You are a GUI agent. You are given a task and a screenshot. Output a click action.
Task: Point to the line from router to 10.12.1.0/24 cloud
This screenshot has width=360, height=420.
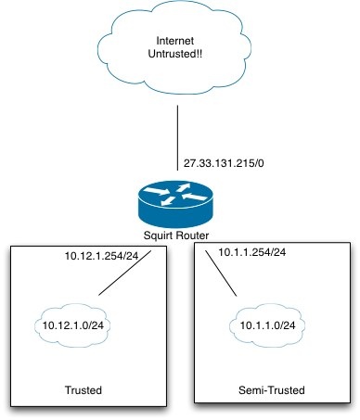[x=125, y=277]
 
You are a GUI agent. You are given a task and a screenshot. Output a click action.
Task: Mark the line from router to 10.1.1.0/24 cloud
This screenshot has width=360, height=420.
[x=222, y=276]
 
